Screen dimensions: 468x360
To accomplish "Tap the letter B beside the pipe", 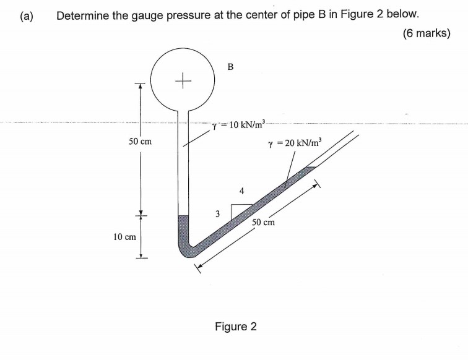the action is coord(230,66).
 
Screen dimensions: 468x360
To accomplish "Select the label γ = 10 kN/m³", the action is coord(238,125).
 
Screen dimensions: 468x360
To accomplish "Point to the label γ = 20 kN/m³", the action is coord(295,145).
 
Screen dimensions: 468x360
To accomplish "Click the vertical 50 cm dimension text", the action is coord(140,142).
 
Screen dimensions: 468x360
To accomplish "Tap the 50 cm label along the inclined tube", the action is coord(263,221).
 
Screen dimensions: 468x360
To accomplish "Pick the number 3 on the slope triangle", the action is coord(217,214).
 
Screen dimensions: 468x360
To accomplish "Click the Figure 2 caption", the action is coord(235,326).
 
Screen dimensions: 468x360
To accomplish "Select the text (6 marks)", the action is coord(425,33).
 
